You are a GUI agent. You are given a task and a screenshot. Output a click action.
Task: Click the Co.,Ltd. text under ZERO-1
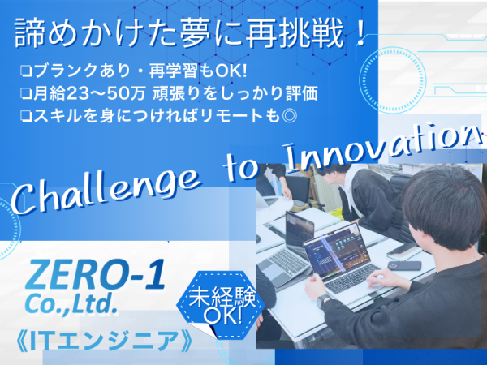71,304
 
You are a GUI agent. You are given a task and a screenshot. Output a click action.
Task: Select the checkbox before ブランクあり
27,71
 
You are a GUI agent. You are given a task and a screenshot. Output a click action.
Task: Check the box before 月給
27,93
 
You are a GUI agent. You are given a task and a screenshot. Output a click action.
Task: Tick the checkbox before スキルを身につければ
27,115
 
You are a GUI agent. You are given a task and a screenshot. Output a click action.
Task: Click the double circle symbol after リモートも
288,115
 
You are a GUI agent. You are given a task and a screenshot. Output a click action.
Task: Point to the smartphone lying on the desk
404,266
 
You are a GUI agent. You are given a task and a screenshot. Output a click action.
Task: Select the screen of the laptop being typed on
336,251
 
